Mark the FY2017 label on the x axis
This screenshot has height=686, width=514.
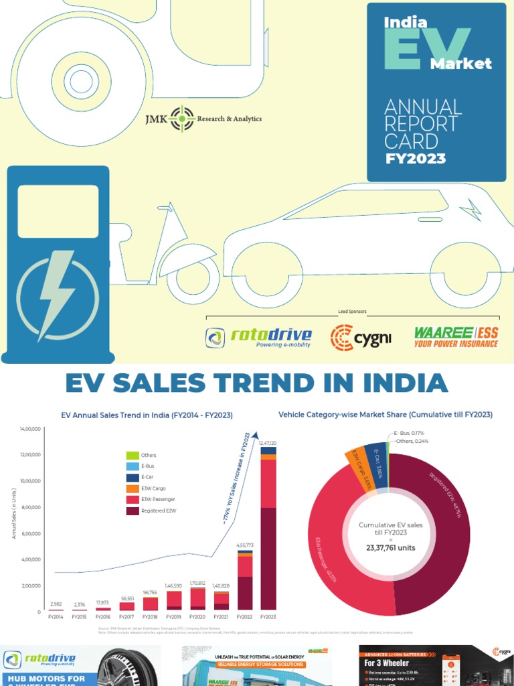coord(127,617)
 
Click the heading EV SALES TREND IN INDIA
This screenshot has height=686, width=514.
coord(256,383)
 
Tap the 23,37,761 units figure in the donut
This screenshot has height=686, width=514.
coord(391,547)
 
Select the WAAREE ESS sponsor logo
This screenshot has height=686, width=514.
coord(456,337)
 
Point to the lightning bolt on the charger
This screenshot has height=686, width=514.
coord(57,295)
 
